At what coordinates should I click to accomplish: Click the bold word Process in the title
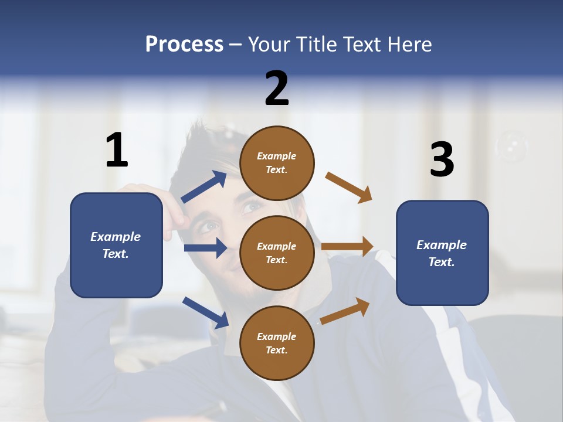click(x=184, y=45)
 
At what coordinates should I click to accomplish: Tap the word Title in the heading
click(x=314, y=45)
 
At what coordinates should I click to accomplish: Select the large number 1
click(x=117, y=150)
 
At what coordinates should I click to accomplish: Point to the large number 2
click(x=277, y=88)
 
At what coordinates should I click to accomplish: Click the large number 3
click(x=442, y=159)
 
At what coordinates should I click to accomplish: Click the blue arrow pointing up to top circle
click(x=204, y=187)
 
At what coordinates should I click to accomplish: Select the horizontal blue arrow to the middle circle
click(x=205, y=248)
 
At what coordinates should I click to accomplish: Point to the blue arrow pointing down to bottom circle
click(x=205, y=312)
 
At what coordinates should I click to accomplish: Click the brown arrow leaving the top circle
click(x=349, y=188)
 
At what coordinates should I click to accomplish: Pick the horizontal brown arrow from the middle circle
click(x=347, y=246)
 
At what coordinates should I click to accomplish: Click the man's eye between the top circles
click(x=252, y=206)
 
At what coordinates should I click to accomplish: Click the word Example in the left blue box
click(x=116, y=237)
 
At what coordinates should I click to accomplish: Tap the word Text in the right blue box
click(x=440, y=262)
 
